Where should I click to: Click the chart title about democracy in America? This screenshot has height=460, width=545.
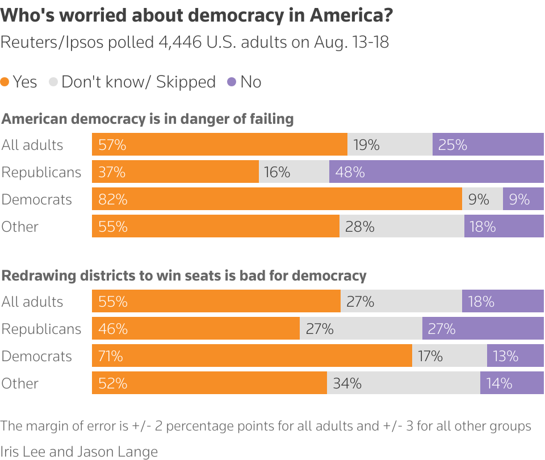pyautogui.click(x=196, y=15)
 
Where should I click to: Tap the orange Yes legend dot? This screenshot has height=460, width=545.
pyautogui.click(x=5, y=82)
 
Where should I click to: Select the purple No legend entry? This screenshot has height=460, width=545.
pyautogui.click(x=244, y=82)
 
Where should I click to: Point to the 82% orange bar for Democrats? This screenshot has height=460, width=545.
pyautogui.click(x=276, y=199)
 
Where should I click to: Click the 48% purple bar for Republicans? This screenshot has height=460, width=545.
pyautogui.click(x=436, y=172)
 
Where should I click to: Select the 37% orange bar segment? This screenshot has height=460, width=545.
pyautogui.click(x=175, y=172)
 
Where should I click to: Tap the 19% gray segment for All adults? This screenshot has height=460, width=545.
pyautogui.click(x=389, y=145)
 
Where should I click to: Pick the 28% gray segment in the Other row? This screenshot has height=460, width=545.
pyautogui.click(x=401, y=227)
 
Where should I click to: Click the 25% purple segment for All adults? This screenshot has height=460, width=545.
pyautogui.click(x=488, y=145)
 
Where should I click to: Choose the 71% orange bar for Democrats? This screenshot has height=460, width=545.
pyautogui.click(x=251, y=356)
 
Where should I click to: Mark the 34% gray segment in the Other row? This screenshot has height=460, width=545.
pyautogui.click(x=403, y=383)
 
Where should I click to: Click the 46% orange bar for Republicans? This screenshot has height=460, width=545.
pyautogui.click(x=195, y=329)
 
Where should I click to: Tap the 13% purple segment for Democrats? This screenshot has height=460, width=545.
pyautogui.click(x=515, y=356)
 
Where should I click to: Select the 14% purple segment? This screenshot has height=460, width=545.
pyautogui.click(x=512, y=383)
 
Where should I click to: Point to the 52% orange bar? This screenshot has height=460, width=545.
pyautogui.click(x=209, y=383)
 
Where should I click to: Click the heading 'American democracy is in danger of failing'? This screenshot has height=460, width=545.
pyautogui.click(x=148, y=119)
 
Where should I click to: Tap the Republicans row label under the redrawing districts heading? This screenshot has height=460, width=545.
pyautogui.click(x=41, y=329)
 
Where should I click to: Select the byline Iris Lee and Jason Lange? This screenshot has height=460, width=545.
pyautogui.click(x=79, y=451)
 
